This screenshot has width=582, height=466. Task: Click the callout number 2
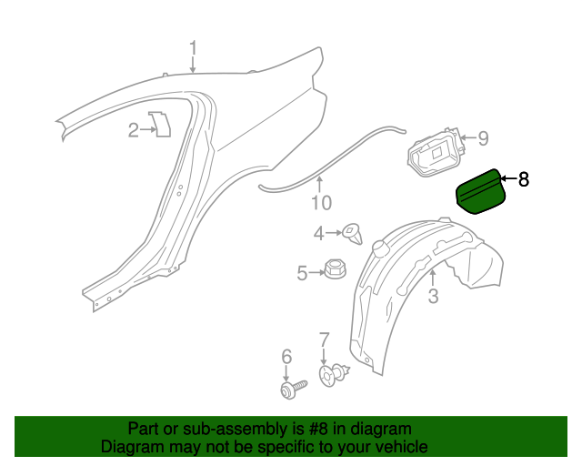[134, 130]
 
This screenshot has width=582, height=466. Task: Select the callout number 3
[433, 295]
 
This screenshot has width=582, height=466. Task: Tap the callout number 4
[319, 234]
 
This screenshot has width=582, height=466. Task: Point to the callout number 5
[302, 271]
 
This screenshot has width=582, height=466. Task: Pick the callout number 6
[286, 356]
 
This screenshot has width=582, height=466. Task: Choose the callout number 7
[324, 340]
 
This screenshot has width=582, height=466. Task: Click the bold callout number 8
[522, 179]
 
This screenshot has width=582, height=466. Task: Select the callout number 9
[483, 138]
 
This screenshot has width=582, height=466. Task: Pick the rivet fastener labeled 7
[335, 373]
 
